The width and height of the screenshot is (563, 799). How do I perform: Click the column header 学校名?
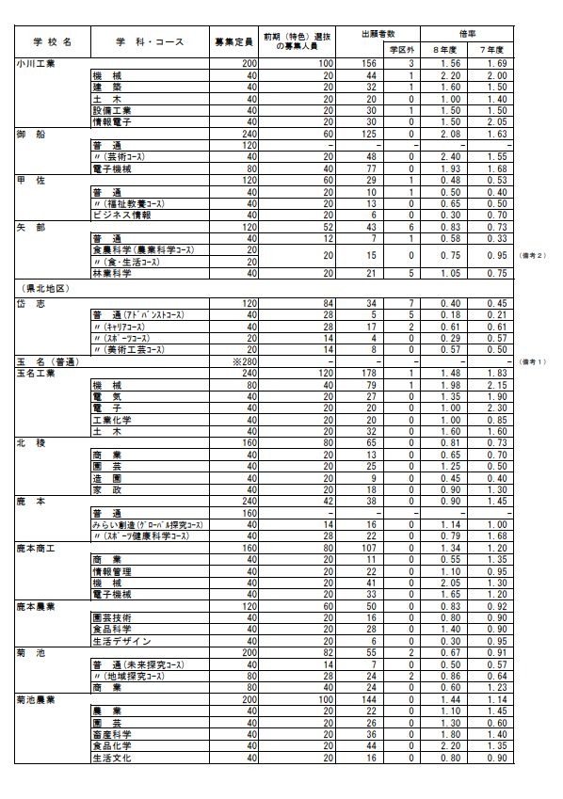[x=52, y=42]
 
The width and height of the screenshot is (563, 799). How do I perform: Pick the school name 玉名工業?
[x=36, y=373]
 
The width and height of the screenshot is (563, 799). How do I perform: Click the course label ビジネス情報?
[x=117, y=214]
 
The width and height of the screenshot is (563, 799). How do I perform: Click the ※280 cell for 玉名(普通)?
[x=244, y=361]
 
